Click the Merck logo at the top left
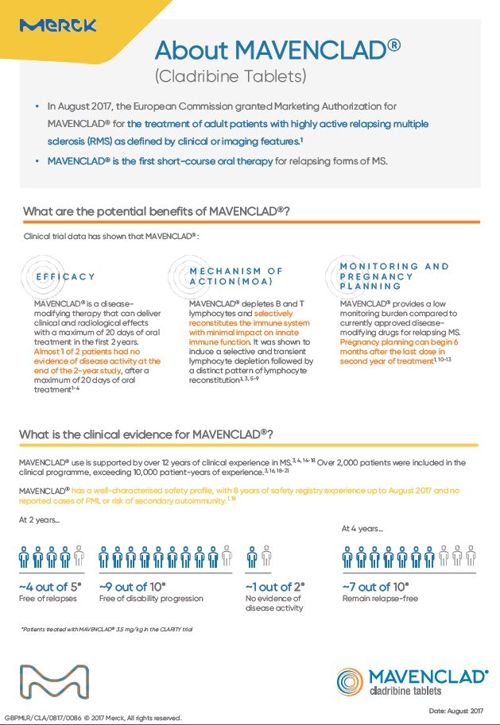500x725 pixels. pyautogui.click(x=58, y=26)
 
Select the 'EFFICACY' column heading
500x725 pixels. pyautogui.click(x=65, y=276)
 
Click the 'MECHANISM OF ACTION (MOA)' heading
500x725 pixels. pyautogui.click(x=236, y=276)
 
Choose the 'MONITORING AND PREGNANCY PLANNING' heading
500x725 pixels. pyautogui.click(x=394, y=276)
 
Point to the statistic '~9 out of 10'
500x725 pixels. pyautogui.click(x=135, y=587)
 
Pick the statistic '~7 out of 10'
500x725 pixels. pyautogui.click(x=376, y=587)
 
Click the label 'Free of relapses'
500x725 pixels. pyautogui.click(x=48, y=599)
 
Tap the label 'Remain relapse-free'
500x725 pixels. pyautogui.click(x=379, y=599)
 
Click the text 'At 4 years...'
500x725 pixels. pyautogui.click(x=362, y=528)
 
